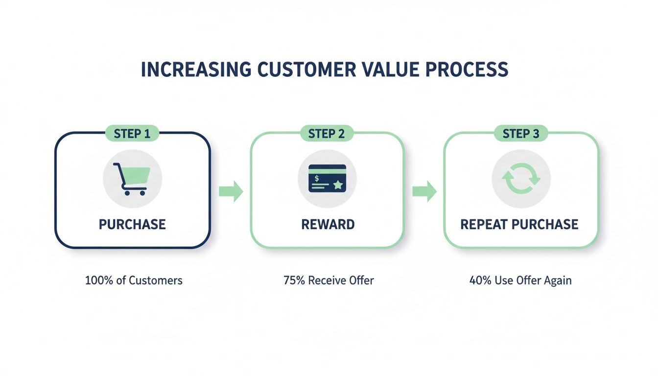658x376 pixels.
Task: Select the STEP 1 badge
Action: tap(132, 133)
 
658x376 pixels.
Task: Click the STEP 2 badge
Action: tap(327, 133)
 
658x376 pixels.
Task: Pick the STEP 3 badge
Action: tap(521, 133)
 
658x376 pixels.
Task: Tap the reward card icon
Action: tap(327, 178)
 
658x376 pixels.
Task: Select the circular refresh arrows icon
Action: tap(521, 179)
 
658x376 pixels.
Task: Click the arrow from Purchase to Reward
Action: tap(231, 191)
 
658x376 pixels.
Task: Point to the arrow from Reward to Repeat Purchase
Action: tap(424, 191)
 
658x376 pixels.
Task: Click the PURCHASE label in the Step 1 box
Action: tap(132, 224)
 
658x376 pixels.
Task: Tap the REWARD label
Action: tap(328, 224)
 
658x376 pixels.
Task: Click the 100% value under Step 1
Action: tap(97, 281)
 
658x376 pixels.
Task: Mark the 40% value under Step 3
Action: tap(479, 281)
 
